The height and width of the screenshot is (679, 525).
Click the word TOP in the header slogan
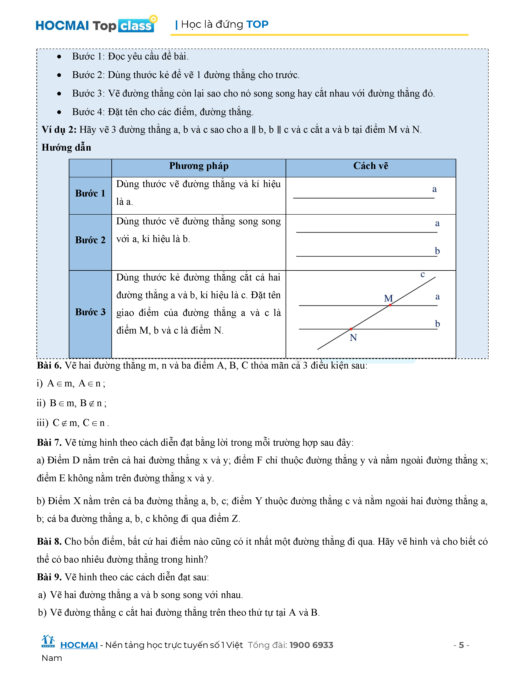pyautogui.click(x=257, y=24)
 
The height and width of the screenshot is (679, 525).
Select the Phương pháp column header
pyautogui.click(x=199, y=166)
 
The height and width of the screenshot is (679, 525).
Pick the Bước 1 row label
pyautogui.click(x=90, y=193)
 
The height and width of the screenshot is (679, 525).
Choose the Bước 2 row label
pyautogui.click(x=90, y=240)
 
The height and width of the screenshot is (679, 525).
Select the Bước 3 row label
pyautogui.click(x=90, y=312)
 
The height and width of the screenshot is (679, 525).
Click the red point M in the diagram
pyautogui.click(x=390, y=305)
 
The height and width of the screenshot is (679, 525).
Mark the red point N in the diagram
pyautogui.click(x=351, y=329)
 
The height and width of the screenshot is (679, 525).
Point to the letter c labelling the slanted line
pyautogui.click(x=422, y=274)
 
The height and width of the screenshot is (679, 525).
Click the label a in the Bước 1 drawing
pyautogui.click(x=434, y=189)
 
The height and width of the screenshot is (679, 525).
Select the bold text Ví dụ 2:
pyautogui.click(x=59, y=130)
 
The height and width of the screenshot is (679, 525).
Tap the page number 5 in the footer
pyautogui.click(x=461, y=645)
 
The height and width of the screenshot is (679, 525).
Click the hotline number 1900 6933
pyautogui.click(x=311, y=645)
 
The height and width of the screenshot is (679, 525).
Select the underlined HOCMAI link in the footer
pyautogui.click(x=79, y=645)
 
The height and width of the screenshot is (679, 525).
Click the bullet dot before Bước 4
pyautogui.click(x=59, y=112)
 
